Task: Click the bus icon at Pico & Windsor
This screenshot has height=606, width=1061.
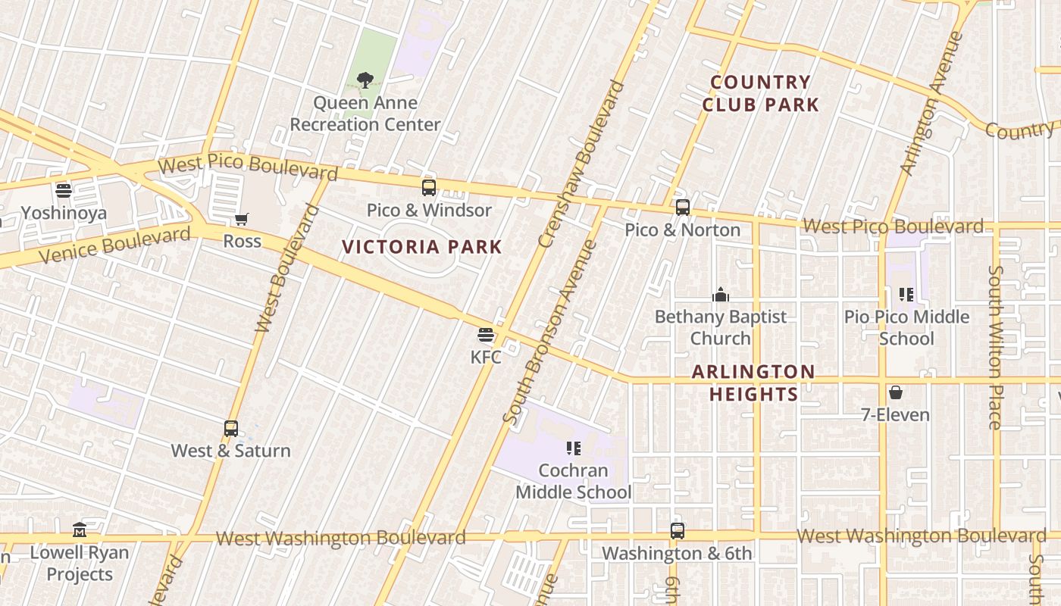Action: [x=429, y=188]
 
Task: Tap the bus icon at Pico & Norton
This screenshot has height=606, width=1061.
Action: [x=683, y=208]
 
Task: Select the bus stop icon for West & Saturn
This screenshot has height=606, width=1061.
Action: [x=231, y=429]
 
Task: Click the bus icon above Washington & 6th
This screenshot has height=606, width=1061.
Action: [x=678, y=532]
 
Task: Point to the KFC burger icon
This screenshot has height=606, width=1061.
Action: [x=486, y=335]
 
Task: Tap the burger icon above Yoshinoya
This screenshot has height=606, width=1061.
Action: [x=64, y=190]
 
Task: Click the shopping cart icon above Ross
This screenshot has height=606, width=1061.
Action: [x=242, y=220]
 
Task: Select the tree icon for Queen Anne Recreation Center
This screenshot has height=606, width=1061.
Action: [x=365, y=80]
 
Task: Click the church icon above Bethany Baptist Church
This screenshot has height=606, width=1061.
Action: [x=720, y=295]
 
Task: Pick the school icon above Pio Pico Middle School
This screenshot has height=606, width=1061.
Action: [x=906, y=294]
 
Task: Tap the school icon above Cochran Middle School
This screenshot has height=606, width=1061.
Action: [x=574, y=448]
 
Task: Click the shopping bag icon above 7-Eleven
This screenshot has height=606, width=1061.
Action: [x=896, y=392]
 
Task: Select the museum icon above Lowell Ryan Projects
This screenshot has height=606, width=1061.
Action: [x=80, y=529]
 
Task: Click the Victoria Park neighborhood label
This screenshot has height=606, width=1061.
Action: [x=422, y=247]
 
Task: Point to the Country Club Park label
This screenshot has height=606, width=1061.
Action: [x=761, y=94]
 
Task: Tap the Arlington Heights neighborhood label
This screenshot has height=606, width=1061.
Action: [x=753, y=383]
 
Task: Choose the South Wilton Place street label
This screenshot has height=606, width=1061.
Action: [x=995, y=347]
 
